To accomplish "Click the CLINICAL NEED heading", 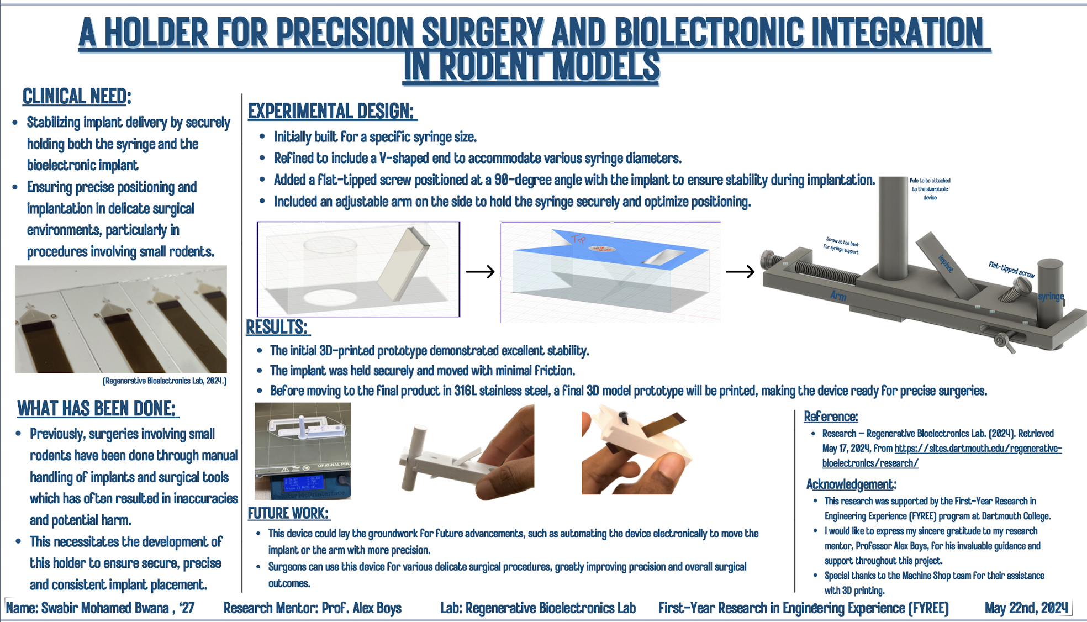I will [76, 97].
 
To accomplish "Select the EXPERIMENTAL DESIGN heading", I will [331, 112].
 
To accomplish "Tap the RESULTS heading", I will [277, 327].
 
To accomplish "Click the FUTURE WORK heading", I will [288, 513].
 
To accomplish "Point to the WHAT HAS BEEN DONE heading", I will [97, 409].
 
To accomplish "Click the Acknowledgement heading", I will [851, 484].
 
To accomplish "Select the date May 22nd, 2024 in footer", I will [1026, 608].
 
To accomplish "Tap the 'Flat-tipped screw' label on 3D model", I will [1011, 270].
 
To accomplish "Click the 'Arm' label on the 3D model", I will [838, 296].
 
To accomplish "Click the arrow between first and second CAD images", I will [480, 272].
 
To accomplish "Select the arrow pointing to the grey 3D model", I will [740, 272].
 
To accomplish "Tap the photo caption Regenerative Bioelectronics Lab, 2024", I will [165, 381].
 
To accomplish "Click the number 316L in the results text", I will [465, 391].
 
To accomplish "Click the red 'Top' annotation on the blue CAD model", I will [578, 239].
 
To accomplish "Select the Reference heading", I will [830, 417].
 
